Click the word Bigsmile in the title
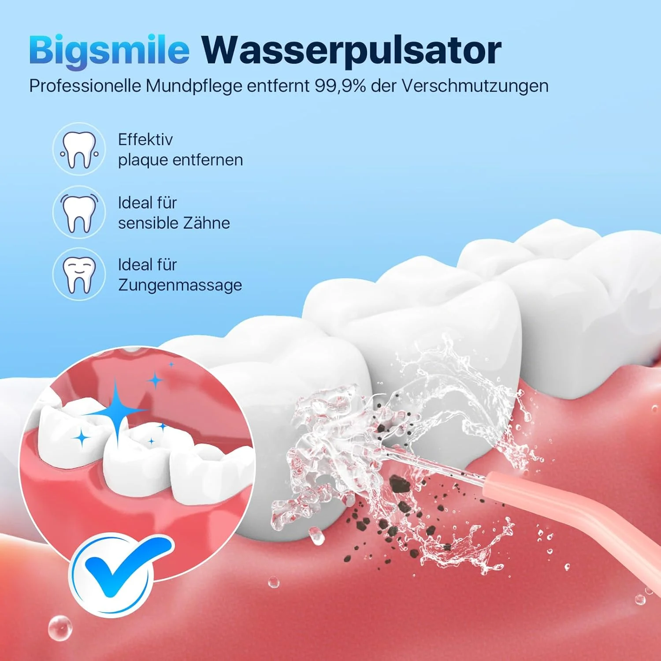(109, 51)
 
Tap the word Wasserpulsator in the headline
(351, 51)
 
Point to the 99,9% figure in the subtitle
(340, 86)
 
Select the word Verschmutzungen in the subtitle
(475, 86)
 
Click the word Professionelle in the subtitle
(85, 86)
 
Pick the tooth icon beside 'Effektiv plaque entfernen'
(79, 149)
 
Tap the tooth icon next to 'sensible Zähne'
(79, 212)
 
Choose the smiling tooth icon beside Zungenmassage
(79, 274)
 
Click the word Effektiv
(145, 140)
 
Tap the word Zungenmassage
(180, 285)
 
